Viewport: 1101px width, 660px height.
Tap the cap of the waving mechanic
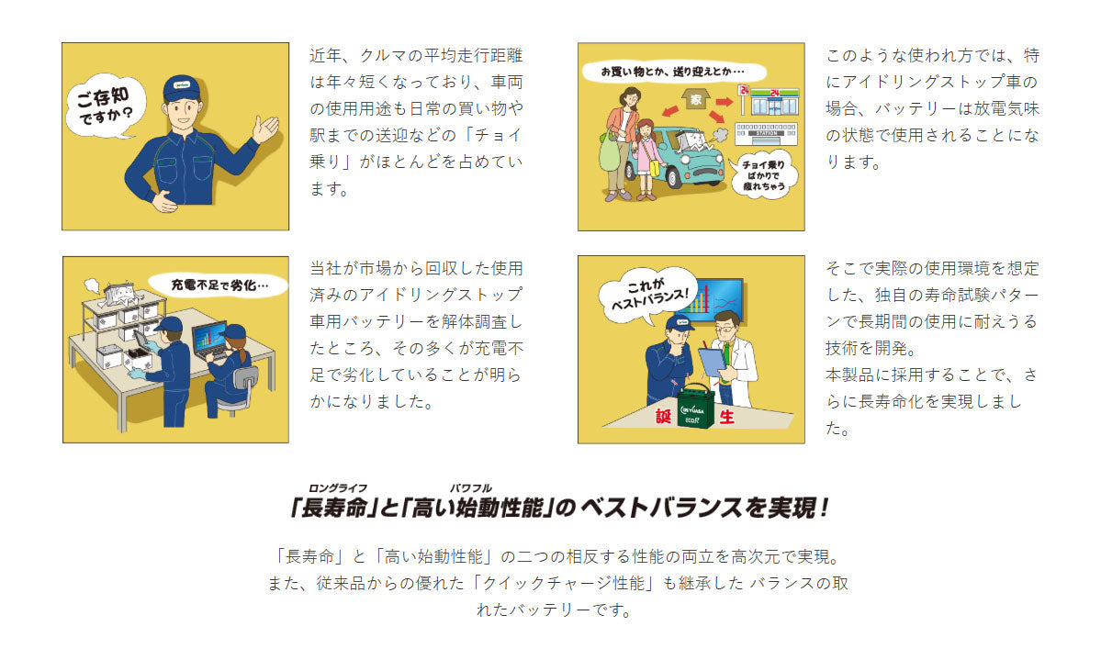[x=181, y=88]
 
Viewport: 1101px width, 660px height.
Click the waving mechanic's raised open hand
[x=265, y=129]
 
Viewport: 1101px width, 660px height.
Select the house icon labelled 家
[x=695, y=99]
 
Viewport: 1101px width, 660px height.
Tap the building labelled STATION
[x=765, y=133]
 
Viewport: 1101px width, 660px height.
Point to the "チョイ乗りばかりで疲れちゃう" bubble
[x=763, y=175]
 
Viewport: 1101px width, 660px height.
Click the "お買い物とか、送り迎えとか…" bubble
[x=673, y=72]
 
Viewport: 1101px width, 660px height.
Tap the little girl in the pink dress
[x=646, y=159]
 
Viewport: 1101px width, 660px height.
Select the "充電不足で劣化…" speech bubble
[x=219, y=285]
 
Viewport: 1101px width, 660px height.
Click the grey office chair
[x=239, y=390]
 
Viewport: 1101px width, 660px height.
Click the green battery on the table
[x=696, y=407]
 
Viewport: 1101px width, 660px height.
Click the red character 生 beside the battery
[x=726, y=417]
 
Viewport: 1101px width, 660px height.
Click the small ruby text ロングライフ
[x=338, y=488]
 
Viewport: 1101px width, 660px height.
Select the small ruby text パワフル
[x=471, y=488]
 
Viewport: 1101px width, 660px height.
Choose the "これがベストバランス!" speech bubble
[x=647, y=296]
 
